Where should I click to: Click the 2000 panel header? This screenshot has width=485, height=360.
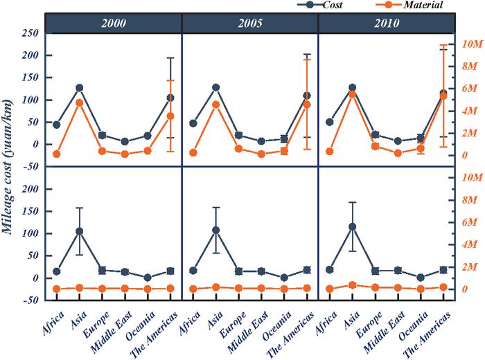click(x=114, y=23)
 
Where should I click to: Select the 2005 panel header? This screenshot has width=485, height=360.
click(x=250, y=23)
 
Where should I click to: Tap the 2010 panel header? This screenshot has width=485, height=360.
click(x=386, y=23)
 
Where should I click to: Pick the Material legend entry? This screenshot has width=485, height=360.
click(x=413, y=5)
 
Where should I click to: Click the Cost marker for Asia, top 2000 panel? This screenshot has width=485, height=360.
click(x=79, y=88)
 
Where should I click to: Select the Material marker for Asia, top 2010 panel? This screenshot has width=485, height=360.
click(x=352, y=93)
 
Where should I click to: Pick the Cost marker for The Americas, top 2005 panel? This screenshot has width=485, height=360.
click(x=306, y=96)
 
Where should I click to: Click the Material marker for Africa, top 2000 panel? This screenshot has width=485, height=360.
click(x=56, y=154)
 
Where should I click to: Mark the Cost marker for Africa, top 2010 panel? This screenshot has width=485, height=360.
click(x=329, y=122)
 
